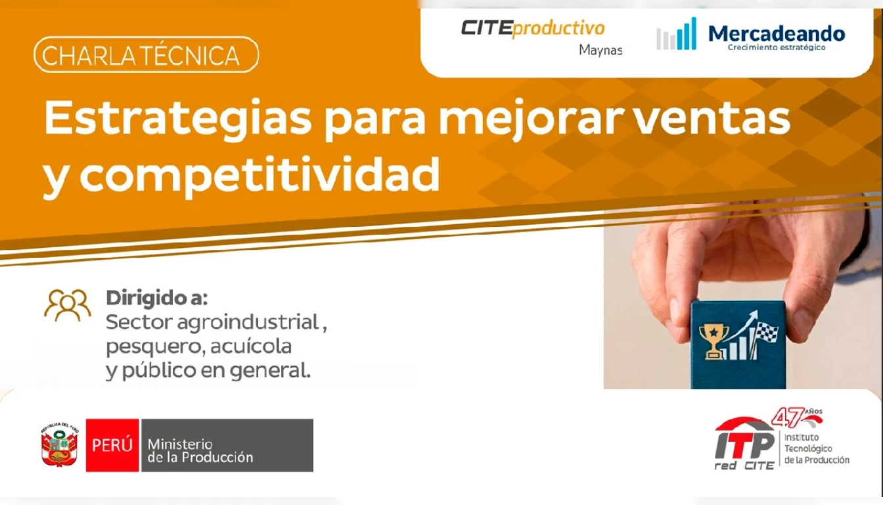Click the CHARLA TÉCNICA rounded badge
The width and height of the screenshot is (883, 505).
tap(147, 55)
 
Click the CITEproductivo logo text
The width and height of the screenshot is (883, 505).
tap(533, 29)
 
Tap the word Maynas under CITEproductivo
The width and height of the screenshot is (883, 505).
tap(600, 50)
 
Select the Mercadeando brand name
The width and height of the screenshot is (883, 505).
tap(777, 34)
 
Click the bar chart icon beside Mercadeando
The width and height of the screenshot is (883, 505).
tap(677, 34)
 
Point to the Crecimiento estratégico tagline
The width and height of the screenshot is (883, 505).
tap(777, 47)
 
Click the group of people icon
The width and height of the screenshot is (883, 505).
tap(68, 305)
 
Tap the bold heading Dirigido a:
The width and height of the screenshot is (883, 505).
tap(157, 298)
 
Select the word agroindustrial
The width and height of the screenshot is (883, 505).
tap(248, 322)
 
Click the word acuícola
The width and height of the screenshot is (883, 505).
tap(251, 347)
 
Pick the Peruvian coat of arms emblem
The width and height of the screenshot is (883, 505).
tap(60, 445)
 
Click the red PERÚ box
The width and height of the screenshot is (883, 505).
tap(112, 445)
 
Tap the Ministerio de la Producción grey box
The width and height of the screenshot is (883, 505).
tap(227, 445)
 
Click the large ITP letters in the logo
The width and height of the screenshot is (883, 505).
tap(744, 445)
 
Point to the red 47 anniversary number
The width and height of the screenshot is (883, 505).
tap(788, 418)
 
